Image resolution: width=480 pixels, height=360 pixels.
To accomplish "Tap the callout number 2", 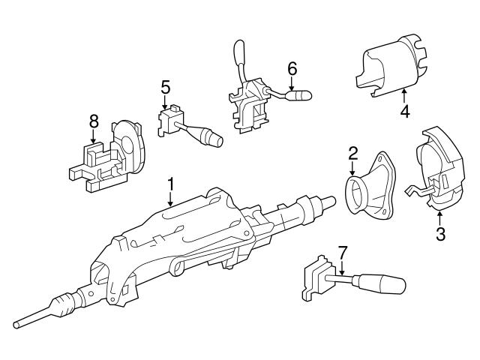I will click(x=352, y=154).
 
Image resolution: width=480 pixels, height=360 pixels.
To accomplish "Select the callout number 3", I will click(x=440, y=234).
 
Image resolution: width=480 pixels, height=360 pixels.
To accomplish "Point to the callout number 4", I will click(x=404, y=112).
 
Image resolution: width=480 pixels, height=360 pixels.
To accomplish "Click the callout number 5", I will click(x=165, y=87).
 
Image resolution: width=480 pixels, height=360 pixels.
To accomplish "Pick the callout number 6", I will click(x=292, y=68).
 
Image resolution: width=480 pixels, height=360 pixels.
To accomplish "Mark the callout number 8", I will click(x=93, y=120).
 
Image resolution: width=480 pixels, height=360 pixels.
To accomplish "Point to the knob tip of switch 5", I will click(x=216, y=139).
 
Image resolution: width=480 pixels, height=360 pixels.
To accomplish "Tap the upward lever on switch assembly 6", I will click(x=241, y=58).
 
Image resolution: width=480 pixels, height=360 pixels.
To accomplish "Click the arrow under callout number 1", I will click(x=170, y=199).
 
